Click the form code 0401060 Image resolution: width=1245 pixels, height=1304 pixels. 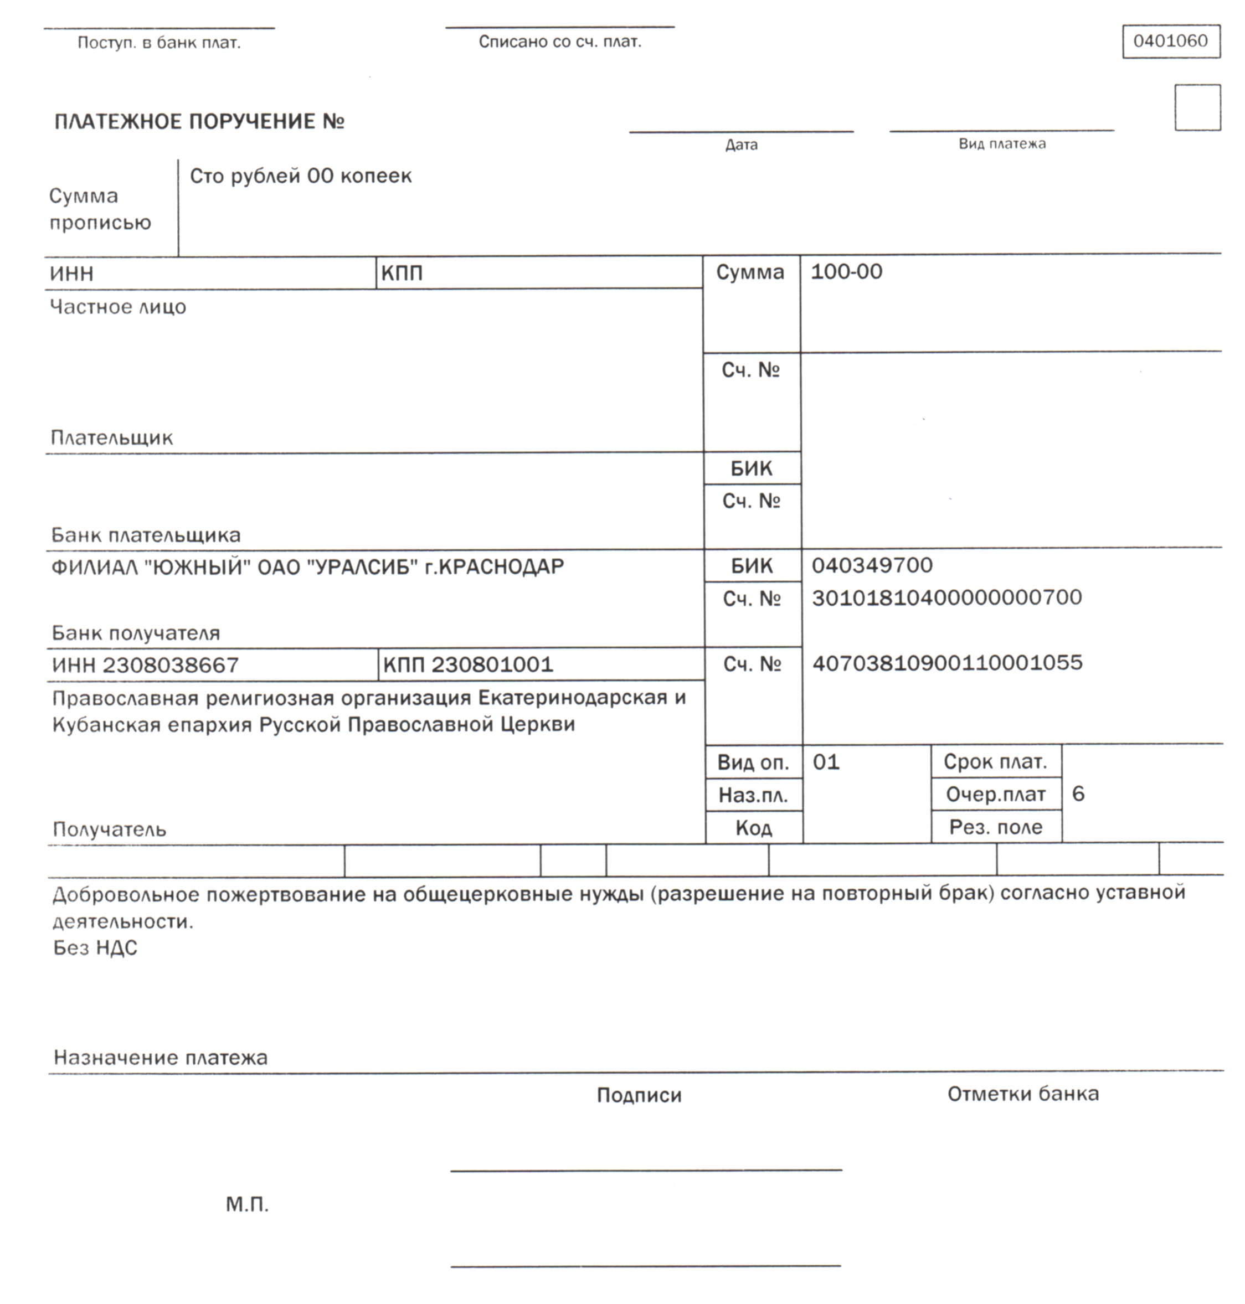[1170, 41]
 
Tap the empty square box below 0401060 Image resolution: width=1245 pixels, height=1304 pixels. [1197, 107]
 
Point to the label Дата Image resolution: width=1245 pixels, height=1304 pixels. [740, 145]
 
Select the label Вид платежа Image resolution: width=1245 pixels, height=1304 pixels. [1001, 144]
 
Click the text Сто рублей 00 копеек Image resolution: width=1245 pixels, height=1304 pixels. [301, 177]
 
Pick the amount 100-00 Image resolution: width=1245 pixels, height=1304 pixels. [846, 272]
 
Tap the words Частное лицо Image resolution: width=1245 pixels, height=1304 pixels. [118, 307]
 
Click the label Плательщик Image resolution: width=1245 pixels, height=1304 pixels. [111, 438]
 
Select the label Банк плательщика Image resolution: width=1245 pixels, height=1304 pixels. [146, 535]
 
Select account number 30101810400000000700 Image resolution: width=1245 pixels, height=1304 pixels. [946, 598]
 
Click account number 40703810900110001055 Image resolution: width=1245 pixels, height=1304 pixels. [947, 663]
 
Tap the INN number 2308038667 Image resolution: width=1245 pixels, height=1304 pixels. [170, 666]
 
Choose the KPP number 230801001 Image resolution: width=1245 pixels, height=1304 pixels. [492, 665]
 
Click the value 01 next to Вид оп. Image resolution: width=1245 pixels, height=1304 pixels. [826, 762]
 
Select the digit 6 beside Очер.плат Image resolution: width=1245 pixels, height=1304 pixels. [1078, 793]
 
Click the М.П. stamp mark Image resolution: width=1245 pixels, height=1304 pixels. [247, 1204]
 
